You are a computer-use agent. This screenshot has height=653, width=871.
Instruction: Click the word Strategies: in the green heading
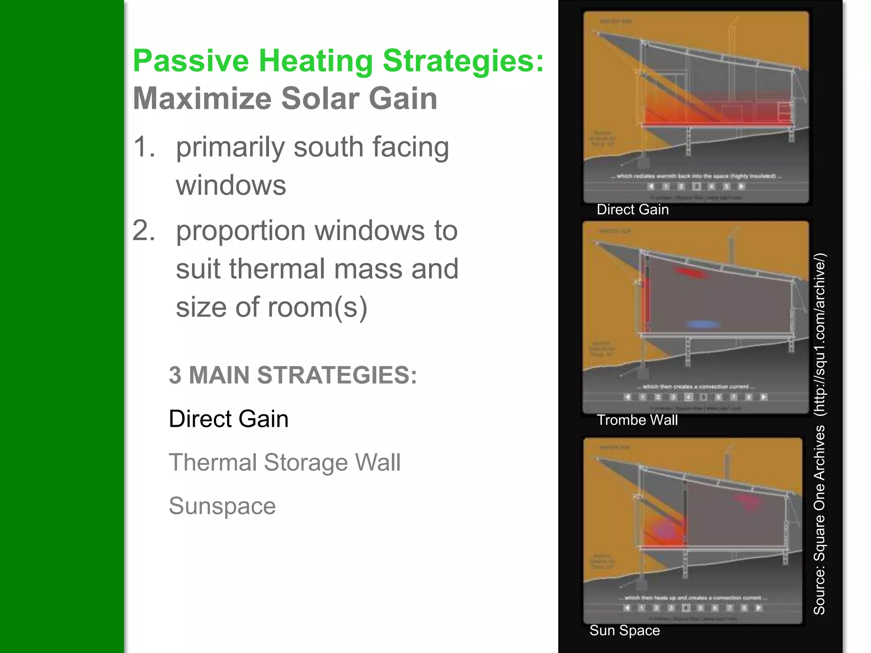463,61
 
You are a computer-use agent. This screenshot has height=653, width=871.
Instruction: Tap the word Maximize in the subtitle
202,99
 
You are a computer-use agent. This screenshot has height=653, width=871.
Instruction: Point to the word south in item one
328,147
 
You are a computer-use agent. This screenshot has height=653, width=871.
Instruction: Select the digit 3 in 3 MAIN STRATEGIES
175,375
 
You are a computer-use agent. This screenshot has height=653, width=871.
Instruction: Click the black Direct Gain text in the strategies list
228,419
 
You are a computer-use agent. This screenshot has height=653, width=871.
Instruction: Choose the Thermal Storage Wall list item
284,463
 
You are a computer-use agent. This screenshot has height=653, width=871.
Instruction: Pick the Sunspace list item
222,506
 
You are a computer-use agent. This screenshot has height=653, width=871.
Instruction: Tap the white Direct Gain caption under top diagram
632,210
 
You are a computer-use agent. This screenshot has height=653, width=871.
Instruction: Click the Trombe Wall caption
637,420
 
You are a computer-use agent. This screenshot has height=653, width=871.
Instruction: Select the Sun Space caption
624,630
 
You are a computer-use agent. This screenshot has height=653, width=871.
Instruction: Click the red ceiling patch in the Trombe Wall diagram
692,273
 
